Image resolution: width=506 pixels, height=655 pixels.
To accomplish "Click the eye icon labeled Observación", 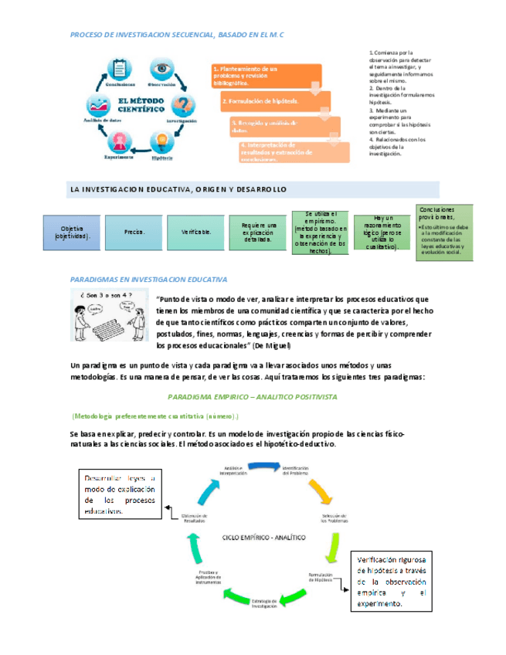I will [162, 67].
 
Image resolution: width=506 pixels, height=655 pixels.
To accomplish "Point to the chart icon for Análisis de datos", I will [102, 105].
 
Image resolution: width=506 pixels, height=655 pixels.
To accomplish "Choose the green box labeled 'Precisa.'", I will [134, 232].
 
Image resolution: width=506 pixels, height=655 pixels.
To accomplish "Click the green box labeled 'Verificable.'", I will [197, 232].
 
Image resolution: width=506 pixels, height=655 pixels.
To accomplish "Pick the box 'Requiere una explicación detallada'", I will [259, 232].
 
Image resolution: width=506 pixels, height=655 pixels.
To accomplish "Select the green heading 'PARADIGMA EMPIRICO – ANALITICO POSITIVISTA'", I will [251, 396].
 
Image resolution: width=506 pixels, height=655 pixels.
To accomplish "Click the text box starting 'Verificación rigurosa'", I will [392, 581].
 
